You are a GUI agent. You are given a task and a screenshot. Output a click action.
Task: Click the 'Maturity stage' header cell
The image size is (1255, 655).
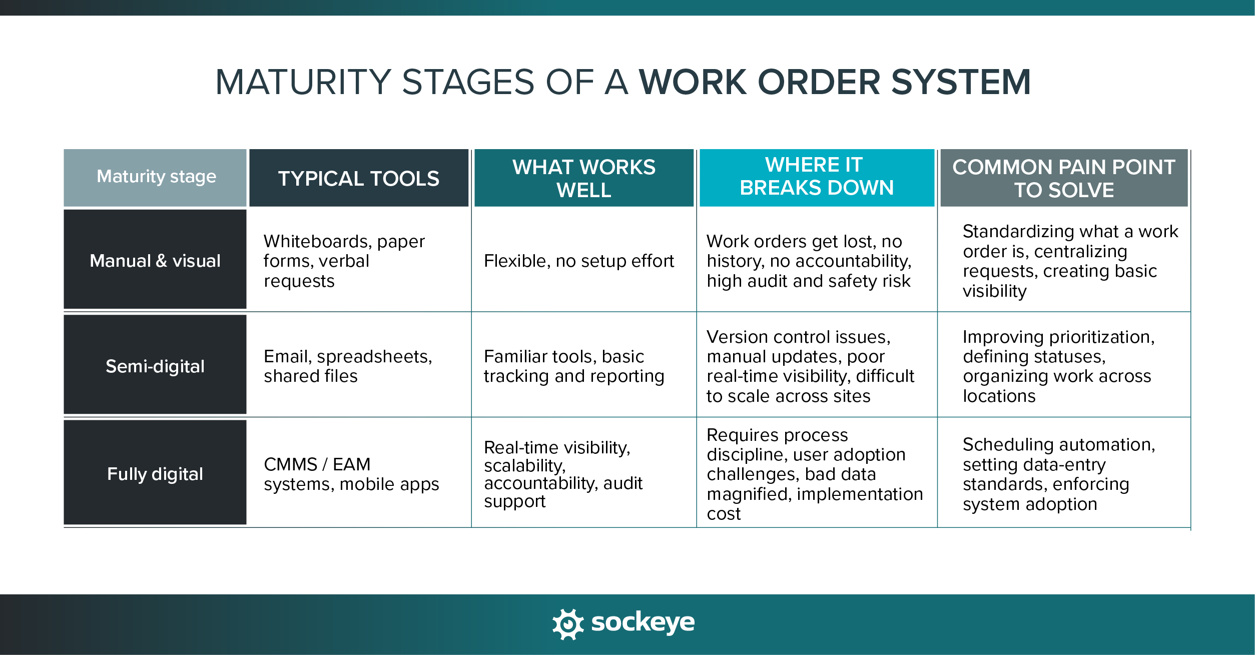pyautogui.click(x=156, y=177)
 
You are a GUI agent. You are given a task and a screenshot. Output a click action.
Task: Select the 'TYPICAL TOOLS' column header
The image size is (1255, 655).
pyautogui.click(x=358, y=179)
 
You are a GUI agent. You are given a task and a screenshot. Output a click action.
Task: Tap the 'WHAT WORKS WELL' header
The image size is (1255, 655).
pyautogui.click(x=583, y=178)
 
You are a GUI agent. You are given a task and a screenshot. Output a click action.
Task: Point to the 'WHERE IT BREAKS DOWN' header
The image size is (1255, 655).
pyautogui.click(x=816, y=176)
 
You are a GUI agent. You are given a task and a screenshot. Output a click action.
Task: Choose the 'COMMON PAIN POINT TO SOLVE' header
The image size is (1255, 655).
pyautogui.click(x=1063, y=178)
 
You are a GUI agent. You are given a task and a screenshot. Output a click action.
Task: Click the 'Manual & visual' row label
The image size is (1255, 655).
pyautogui.click(x=155, y=261)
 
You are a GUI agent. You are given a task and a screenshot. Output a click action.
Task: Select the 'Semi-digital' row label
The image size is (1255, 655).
pyautogui.click(x=155, y=366)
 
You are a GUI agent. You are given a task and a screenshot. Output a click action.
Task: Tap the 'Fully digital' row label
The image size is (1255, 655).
pyautogui.click(x=155, y=474)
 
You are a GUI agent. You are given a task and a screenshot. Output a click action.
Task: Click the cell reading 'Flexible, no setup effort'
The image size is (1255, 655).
pyautogui.click(x=578, y=261)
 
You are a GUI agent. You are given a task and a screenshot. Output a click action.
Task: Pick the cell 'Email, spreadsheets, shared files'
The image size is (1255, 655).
pyautogui.click(x=348, y=366)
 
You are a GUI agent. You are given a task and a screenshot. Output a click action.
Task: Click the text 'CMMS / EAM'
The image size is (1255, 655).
pyautogui.click(x=317, y=464)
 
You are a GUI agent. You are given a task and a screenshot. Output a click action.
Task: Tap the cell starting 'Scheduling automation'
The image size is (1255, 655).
pyautogui.click(x=1058, y=474)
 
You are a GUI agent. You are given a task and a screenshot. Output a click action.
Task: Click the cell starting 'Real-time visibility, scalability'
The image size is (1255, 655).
pyautogui.click(x=563, y=474)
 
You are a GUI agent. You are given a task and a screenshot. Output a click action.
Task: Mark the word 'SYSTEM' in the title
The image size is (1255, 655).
pyautogui.click(x=961, y=83)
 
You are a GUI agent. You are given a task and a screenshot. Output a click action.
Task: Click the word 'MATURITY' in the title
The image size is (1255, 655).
pyautogui.click(x=303, y=83)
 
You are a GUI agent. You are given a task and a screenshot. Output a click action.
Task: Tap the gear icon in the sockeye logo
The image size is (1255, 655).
pyautogui.click(x=568, y=624)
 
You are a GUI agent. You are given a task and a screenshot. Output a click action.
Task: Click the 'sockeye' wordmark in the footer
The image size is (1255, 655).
pyautogui.click(x=643, y=623)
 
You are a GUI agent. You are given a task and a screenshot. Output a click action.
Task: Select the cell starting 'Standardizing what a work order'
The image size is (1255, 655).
pyautogui.click(x=1070, y=261)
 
